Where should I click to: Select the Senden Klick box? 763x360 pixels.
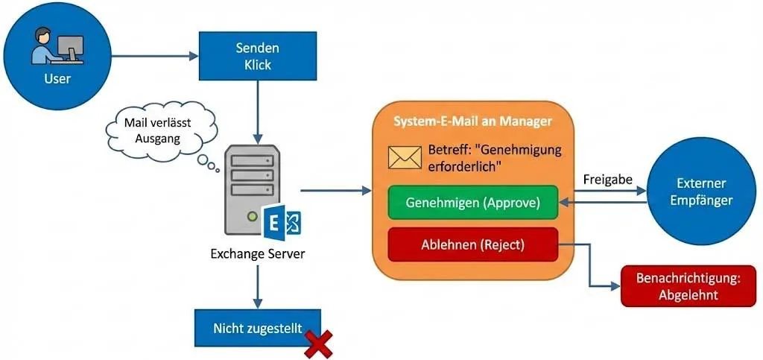258,56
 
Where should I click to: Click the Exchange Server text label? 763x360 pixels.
257,254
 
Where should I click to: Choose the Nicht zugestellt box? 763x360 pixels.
257,327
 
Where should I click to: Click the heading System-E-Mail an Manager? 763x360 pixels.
473,121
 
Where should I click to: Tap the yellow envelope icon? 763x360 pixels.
405,157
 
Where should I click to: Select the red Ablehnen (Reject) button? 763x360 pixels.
473,244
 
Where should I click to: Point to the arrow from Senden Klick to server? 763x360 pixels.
258,112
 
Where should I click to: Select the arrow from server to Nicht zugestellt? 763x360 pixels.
257,287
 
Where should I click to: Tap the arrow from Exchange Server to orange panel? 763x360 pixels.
335,192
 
